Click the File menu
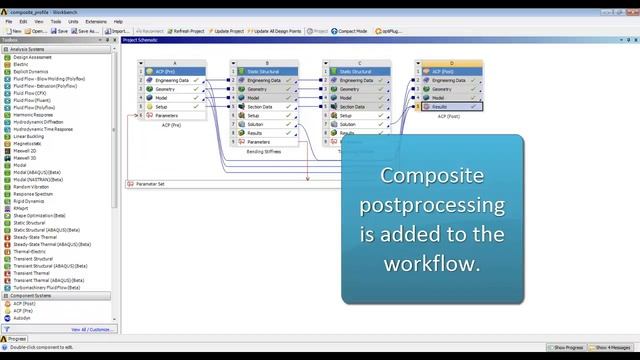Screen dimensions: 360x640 pyautogui.click(x=8, y=21)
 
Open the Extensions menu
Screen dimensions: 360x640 pyautogui.click(x=96, y=21)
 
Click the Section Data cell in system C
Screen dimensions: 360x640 pyautogui.click(x=352, y=106)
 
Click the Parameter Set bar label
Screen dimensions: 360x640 pyautogui.click(x=150, y=184)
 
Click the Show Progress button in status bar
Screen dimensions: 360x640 pyautogui.click(x=568, y=347)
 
